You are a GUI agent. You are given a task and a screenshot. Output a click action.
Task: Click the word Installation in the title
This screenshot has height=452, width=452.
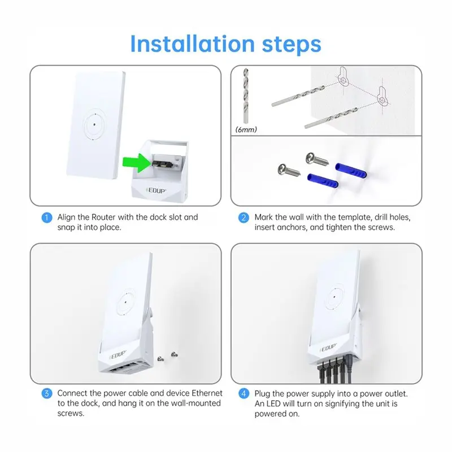192,44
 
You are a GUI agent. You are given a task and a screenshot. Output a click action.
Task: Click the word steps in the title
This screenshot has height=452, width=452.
292,45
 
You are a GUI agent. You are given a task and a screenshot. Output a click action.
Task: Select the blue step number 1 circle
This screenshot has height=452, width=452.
47,218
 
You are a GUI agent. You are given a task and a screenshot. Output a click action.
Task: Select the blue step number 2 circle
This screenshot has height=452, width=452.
244,218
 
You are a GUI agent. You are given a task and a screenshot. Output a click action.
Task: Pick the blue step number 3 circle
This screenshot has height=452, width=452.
47,393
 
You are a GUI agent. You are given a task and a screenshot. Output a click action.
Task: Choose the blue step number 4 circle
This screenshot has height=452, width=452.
244,393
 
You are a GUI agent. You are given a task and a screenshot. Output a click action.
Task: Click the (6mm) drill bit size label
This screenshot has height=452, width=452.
246,130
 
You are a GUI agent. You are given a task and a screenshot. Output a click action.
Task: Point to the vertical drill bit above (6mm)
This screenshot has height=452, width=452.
246,95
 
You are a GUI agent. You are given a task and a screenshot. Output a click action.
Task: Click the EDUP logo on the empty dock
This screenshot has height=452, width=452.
157,190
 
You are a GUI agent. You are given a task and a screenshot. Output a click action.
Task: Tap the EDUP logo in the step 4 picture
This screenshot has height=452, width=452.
328,348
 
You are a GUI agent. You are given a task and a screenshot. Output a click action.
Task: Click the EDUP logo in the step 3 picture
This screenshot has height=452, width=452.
118,355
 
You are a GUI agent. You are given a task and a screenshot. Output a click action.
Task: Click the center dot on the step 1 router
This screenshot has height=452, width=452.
94,124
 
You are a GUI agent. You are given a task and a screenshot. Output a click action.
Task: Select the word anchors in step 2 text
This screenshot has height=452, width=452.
292,228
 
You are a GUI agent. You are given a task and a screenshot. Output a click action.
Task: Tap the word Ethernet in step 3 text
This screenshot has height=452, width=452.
207,393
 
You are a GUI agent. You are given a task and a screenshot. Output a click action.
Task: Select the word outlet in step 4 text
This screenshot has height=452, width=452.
397,394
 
